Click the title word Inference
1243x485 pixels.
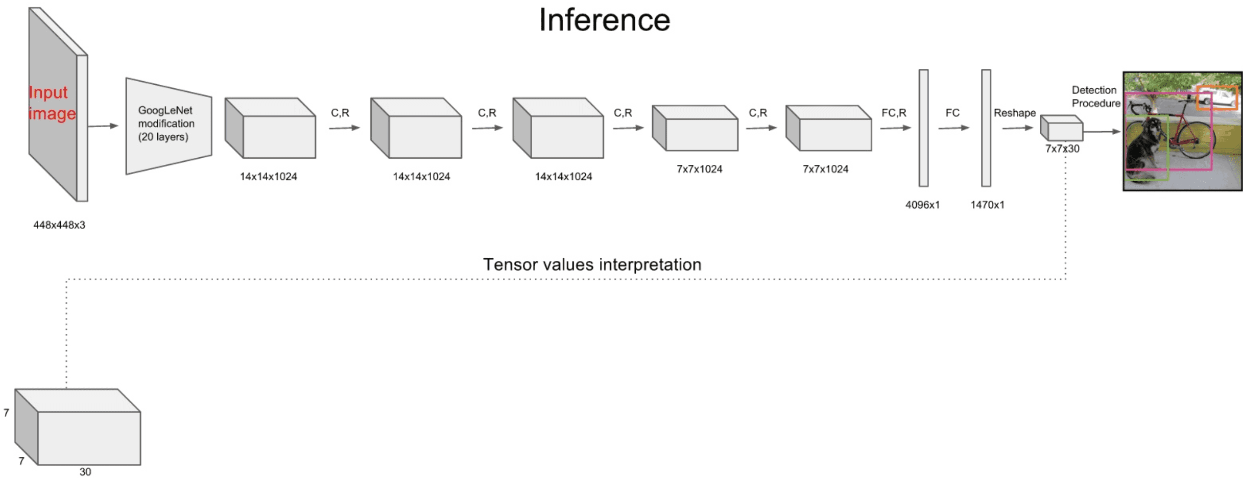pos(604,20)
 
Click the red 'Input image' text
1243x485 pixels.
pos(52,103)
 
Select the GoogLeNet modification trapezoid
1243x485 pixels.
pos(169,126)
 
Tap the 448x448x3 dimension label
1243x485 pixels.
pos(59,225)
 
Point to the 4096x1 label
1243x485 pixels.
pos(922,205)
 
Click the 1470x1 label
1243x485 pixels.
pos(987,205)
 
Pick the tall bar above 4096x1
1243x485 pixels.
pos(923,128)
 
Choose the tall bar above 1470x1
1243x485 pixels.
pos(986,128)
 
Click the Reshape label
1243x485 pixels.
pos(1014,113)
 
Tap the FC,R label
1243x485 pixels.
pos(894,113)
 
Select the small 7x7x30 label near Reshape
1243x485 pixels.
pos(1062,149)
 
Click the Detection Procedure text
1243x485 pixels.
pos(1095,96)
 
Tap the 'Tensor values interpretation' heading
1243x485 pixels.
pos(592,264)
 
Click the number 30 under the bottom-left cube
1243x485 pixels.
pos(85,472)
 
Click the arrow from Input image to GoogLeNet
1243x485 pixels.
pos(103,126)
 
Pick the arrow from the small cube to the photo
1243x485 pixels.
pos(1102,132)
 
